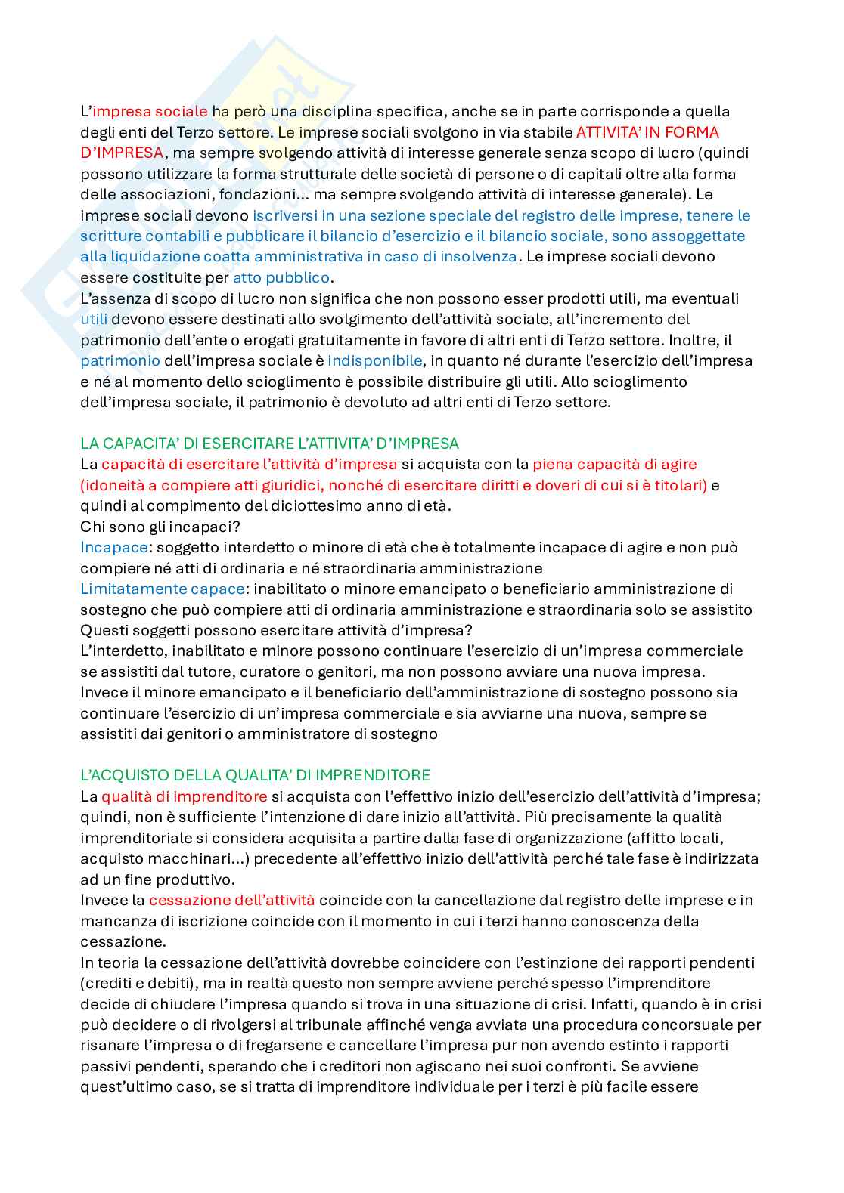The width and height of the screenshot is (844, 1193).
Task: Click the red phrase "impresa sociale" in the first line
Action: pyautogui.click(x=150, y=112)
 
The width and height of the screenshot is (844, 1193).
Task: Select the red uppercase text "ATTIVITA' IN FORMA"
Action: pyautogui.click(x=647, y=132)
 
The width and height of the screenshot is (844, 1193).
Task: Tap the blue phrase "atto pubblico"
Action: pyautogui.click(x=281, y=277)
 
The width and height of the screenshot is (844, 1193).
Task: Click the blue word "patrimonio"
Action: pyautogui.click(x=120, y=360)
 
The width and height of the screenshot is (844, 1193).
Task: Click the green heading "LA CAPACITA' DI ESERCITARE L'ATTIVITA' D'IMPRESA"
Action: pyautogui.click(x=269, y=444)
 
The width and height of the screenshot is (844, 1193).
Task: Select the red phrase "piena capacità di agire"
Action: pyautogui.click(x=614, y=464)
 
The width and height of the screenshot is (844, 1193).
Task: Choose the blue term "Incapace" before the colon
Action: pyautogui.click(x=113, y=547)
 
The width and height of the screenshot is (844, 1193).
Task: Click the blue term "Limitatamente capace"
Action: pyautogui.click(x=162, y=589)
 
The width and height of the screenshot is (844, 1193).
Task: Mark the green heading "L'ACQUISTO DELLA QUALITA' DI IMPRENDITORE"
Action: pyautogui.click(x=255, y=775)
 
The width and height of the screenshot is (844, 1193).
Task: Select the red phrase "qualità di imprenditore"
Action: pyautogui.click(x=184, y=796)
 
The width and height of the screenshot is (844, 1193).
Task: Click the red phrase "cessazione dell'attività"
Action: pyautogui.click(x=231, y=900)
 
